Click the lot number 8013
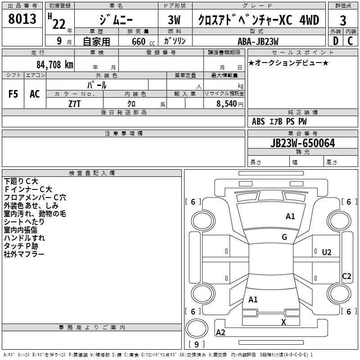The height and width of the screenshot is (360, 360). tap(22, 20)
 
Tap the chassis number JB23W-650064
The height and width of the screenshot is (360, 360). tap(302, 143)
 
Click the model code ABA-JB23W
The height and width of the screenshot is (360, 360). tap(258, 41)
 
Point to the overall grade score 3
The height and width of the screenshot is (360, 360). tap(343, 20)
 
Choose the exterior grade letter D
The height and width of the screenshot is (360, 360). tap(335, 41)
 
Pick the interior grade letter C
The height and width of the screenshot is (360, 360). tap(350, 41)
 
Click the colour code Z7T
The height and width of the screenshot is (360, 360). tap(75, 103)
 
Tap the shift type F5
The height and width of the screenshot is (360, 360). tap(13, 94)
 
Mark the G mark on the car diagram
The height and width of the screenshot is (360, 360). tap(284, 237)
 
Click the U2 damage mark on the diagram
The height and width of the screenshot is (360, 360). tap(327, 252)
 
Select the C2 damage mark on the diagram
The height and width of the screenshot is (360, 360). tap(346, 276)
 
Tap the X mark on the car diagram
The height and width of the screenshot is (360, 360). tap(283, 322)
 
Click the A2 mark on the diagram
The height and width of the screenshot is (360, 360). tap(220, 333)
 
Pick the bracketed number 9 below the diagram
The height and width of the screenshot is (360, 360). tap(196, 345)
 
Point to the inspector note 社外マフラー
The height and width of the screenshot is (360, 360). tap(24, 254)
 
